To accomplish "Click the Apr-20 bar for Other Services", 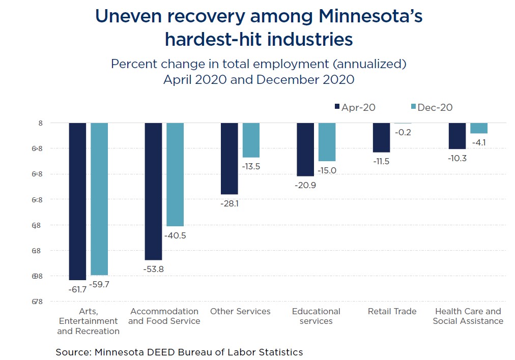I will (229, 159).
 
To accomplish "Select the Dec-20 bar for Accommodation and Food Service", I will (175, 174).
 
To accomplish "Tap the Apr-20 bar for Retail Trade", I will (381, 138).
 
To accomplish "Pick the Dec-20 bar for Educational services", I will (327, 142).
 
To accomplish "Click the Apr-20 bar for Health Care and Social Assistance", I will (457, 136).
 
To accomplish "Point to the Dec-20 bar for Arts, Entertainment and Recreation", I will (99, 199).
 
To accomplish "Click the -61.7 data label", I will (77, 289).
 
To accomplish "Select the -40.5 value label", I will (175, 235).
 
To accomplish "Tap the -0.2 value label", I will (402, 132).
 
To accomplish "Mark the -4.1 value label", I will (478, 142).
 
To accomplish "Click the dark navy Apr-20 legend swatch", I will (336, 107).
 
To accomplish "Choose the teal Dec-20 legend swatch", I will (413, 107).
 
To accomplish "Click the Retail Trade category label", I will (392, 311).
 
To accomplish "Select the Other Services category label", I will (240, 311).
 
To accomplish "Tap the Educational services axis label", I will (316, 316).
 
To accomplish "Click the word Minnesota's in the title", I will (370, 16).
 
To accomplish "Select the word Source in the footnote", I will (72, 352).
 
